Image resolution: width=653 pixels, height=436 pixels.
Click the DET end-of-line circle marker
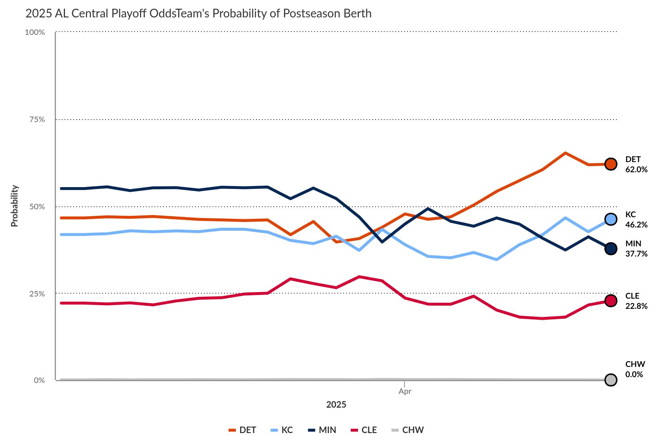pos(611,164)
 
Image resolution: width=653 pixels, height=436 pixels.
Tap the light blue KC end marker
pos(611,219)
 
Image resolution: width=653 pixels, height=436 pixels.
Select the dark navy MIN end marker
pos(611,249)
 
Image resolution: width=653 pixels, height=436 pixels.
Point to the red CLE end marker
pos(611,300)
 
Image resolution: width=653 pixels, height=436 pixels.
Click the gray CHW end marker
pos(611,380)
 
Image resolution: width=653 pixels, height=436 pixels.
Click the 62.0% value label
pos(636,170)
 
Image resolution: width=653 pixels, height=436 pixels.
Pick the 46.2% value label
pos(636,225)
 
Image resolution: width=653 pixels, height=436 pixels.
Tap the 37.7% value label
pos(636,254)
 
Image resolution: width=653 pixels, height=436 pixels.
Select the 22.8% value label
pos(636,306)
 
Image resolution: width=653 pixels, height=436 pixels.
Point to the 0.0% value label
pos(634,375)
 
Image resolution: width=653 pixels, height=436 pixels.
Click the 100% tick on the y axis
pos(35,32)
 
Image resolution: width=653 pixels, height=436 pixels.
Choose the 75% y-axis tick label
pos(37,120)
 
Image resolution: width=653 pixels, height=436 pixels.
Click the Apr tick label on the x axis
pos(404,391)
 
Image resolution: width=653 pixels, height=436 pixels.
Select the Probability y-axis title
pos(15,206)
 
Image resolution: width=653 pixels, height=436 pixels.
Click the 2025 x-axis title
pos(336,405)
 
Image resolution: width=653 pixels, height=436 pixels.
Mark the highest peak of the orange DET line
pos(565,153)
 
